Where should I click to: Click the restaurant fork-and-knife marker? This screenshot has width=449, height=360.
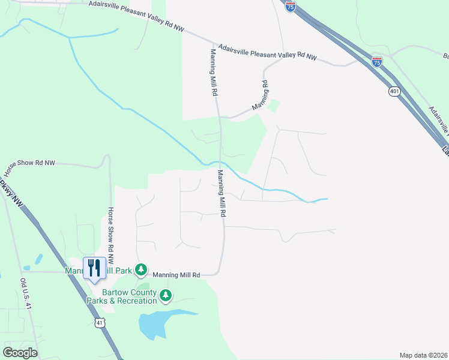[94, 268]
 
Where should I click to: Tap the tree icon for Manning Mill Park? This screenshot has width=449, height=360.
[141, 270]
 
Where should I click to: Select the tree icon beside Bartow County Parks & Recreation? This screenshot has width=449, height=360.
[166, 295]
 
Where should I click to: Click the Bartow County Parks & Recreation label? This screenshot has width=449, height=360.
[121, 296]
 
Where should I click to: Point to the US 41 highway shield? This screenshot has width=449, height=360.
[100, 323]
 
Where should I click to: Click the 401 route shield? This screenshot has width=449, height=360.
[394, 91]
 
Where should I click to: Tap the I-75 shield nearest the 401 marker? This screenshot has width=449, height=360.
[376, 61]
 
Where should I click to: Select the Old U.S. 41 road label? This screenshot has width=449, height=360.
[25, 294]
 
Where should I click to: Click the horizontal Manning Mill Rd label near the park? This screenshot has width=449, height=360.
[176, 275]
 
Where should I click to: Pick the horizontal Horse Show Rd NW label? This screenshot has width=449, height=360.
[29, 164]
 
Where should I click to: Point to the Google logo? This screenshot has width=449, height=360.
[20, 352]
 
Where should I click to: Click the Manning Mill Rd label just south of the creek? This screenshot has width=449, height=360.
[221, 193]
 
